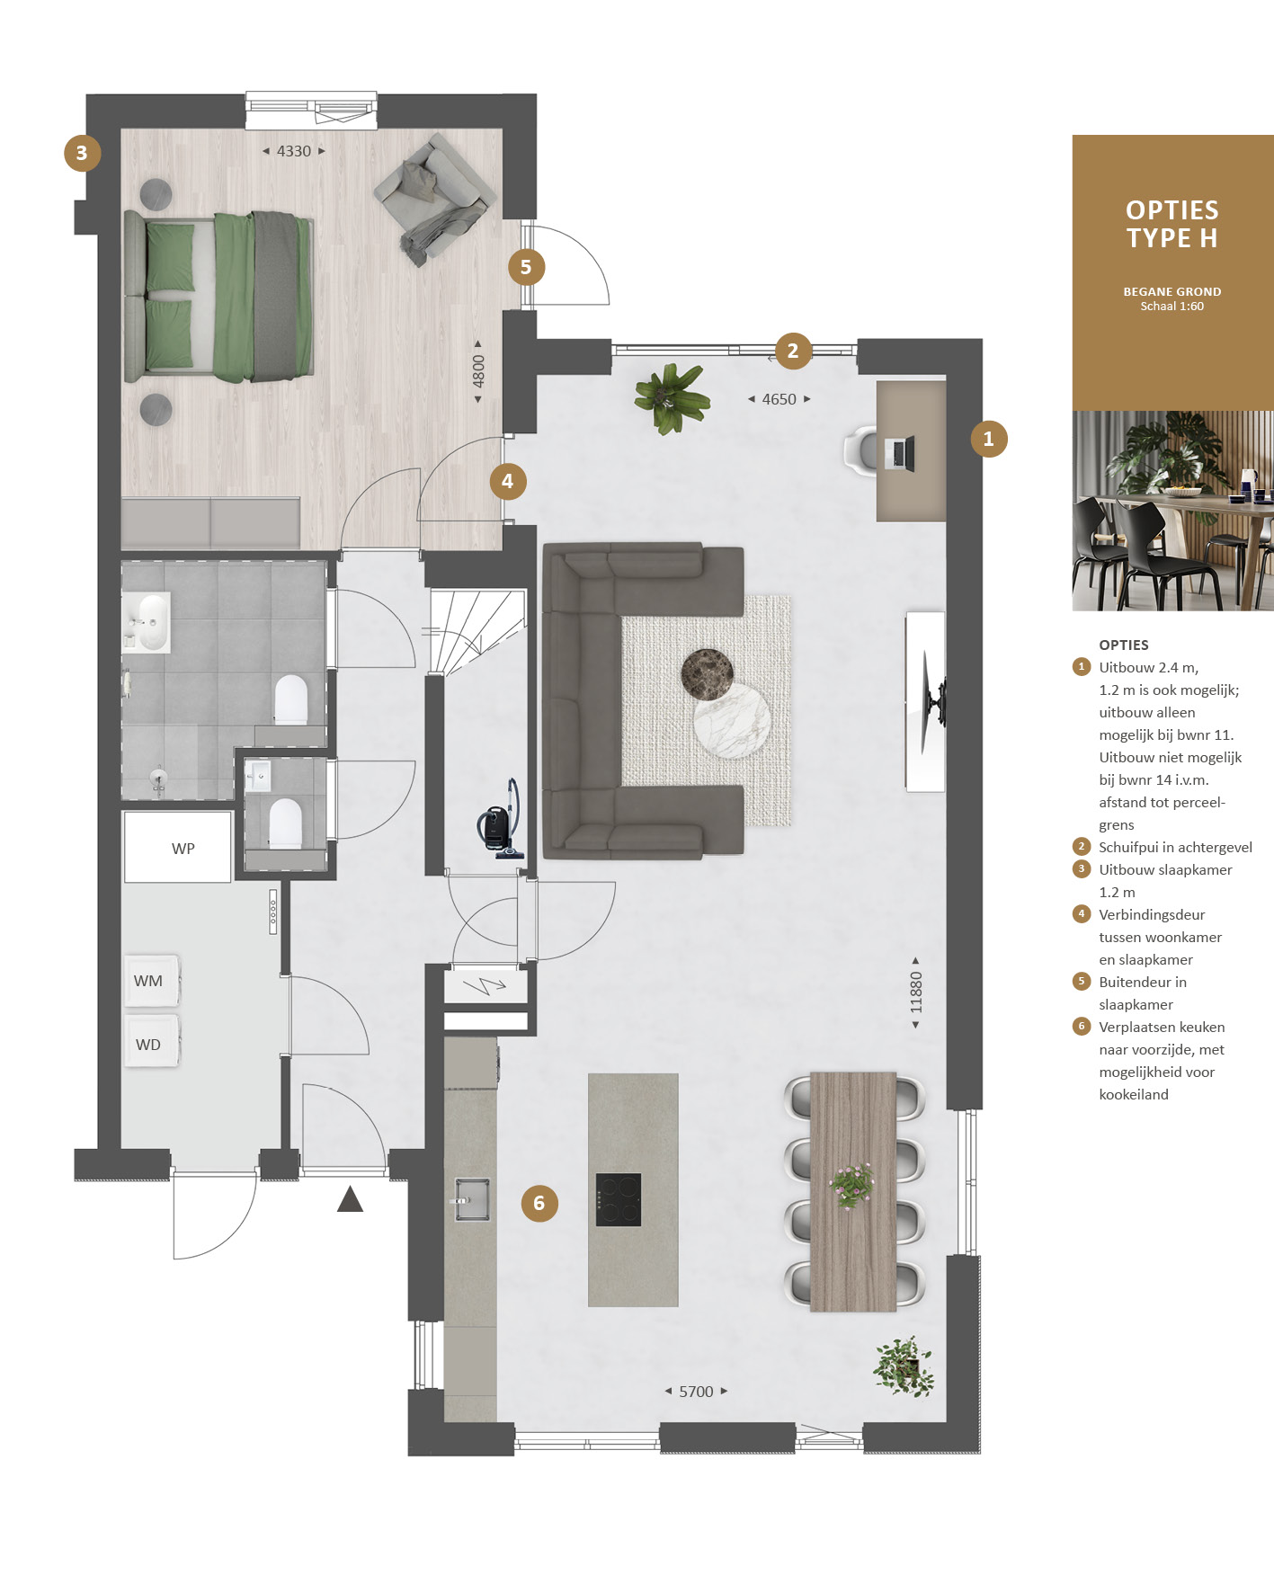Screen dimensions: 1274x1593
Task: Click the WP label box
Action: coord(177,847)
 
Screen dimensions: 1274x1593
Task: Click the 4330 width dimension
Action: coord(294,151)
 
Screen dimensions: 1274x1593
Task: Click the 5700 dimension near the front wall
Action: coord(696,1392)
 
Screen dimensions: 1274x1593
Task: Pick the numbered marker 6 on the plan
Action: coord(539,1203)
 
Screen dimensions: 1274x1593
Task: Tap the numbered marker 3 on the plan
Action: coord(82,153)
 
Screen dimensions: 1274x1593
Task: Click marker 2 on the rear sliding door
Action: coord(793,351)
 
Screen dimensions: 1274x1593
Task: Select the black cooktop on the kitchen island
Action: coord(619,1199)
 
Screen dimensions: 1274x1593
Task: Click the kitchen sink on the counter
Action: coord(471,1198)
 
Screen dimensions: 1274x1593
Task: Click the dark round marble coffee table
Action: coord(707,674)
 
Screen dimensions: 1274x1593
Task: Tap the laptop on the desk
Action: coord(899,453)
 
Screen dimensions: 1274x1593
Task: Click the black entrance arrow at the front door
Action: coord(350,1199)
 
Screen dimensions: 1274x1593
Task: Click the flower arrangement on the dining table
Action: coord(851,1184)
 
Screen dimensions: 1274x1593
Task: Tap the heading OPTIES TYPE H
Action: coord(1172,224)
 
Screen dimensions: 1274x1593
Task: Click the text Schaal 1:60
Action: coord(1172,307)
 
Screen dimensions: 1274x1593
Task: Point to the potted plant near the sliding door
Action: coord(672,397)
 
